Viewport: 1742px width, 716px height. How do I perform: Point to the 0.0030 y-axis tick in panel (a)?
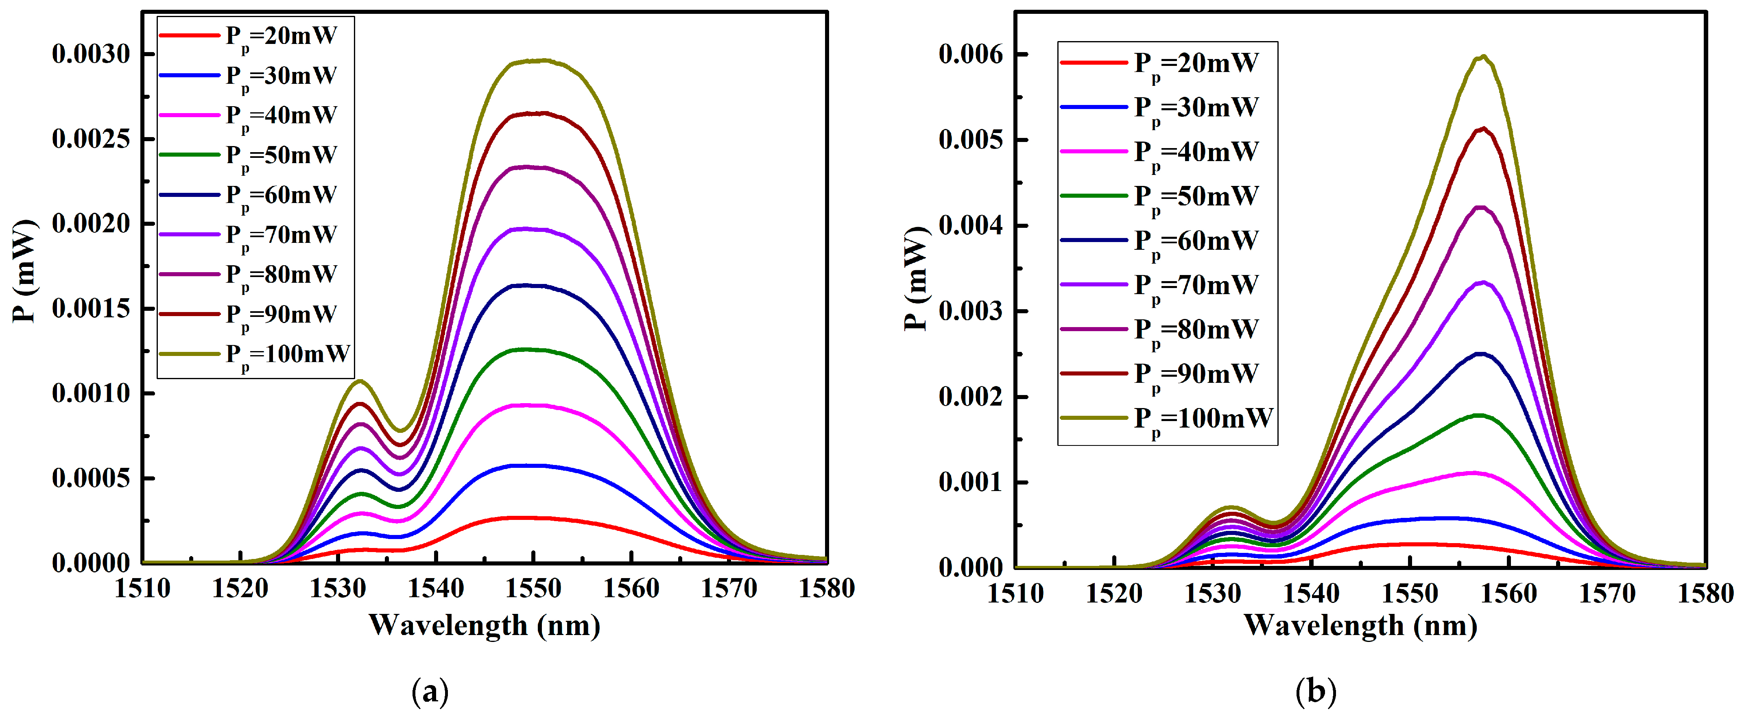pos(91,54)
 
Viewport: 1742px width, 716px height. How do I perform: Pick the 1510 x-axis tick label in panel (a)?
pos(143,589)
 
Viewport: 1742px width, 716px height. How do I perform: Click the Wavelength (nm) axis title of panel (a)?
pos(484,625)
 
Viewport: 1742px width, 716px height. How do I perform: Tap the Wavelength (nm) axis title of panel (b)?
pos(1360,625)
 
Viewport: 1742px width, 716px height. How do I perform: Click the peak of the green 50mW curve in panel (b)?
pos(1478,415)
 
